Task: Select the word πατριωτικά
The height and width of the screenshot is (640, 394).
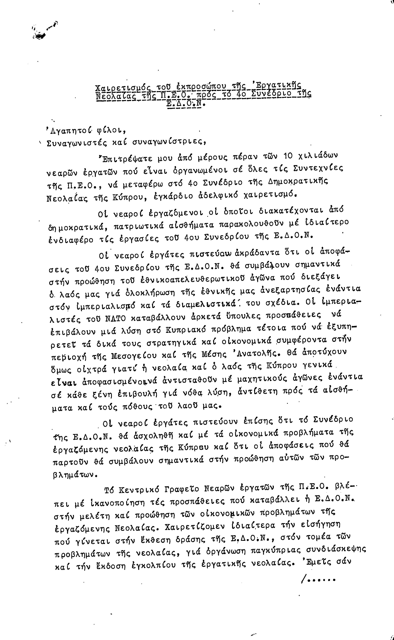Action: pyautogui.click(x=139, y=225)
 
